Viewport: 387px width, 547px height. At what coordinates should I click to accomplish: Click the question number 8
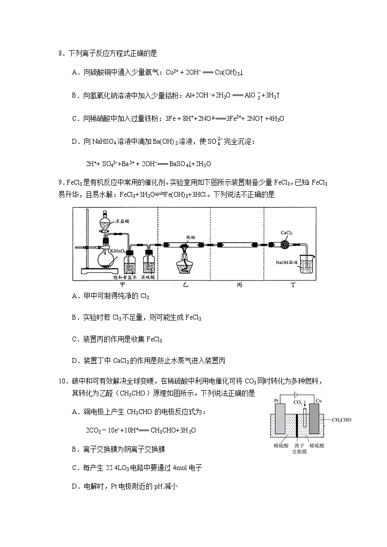point(60,54)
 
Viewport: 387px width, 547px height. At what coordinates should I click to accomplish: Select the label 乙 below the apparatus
point(184,284)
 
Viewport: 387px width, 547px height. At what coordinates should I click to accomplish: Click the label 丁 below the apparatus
point(291,284)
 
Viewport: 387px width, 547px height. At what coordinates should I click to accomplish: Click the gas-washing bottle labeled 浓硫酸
point(149,264)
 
